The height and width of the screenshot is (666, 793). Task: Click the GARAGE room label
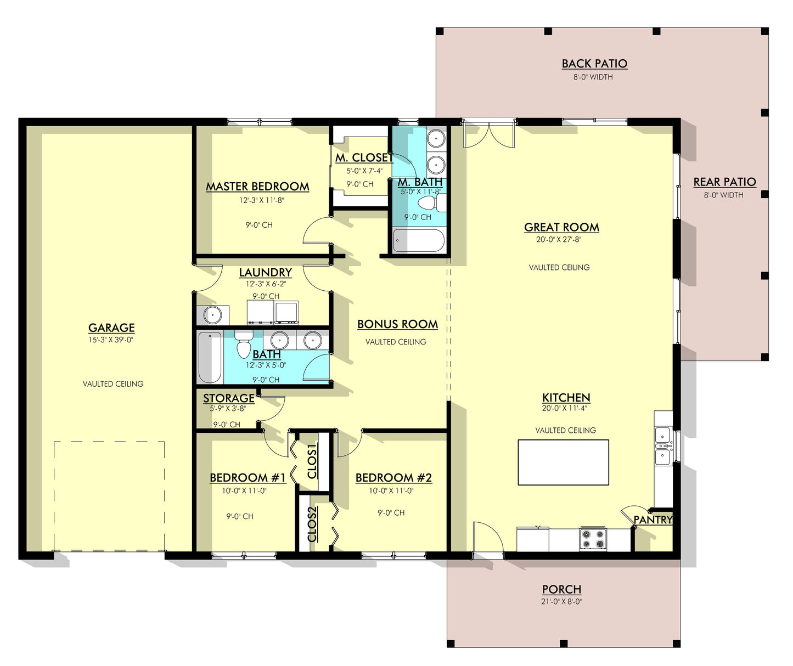pyautogui.click(x=111, y=328)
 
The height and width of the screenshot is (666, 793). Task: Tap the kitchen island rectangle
pyautogui.click(x=563, y=462)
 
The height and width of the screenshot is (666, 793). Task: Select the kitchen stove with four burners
pyautogui.click(x=593, y=539)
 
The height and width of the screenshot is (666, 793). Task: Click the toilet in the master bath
pyautogui.click(x=433, y=203)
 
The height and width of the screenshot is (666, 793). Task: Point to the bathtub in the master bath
pyautogui.click(x=419, y=240)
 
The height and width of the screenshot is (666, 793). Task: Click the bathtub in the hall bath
pyautogui.click(x=210, y=357)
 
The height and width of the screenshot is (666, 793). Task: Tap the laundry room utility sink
pyautogui.click(x=213, y=315)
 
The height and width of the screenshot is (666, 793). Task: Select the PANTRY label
pyautogui.click(x=653, y=520)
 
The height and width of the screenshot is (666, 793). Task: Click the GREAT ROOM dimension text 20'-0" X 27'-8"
pyautogui.click(x=559, y=240)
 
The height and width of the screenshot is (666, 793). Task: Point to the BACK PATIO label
pyautogui.click(x=594, y=64)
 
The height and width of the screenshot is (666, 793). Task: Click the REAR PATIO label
pyautogui.click(x=724, y=182)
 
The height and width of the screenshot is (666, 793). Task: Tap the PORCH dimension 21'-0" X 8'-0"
pyautogui.click(x=561, y=601)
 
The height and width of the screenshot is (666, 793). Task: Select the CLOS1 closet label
pyautogui.click(x=312, y=461)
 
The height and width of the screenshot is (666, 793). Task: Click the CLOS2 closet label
pyautogui.click(x=312, y=524)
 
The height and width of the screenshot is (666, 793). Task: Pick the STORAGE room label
pyautogui.click(x=229, y=398)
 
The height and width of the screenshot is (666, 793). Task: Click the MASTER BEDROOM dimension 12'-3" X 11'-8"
pyautogui.click(x=262, y=200)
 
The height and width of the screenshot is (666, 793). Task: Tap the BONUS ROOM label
pyautogui.click(x=397, y=324)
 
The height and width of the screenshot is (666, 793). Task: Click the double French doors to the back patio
pyautogui.click(x=489, y=133)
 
